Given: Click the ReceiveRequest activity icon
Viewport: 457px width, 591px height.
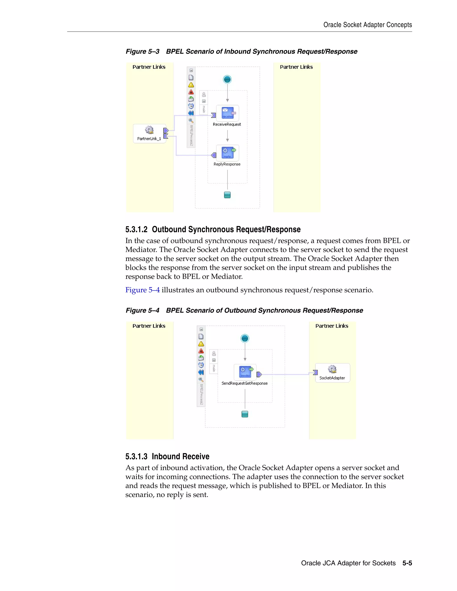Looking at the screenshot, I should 228,113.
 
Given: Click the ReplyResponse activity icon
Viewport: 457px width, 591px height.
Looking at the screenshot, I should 228,153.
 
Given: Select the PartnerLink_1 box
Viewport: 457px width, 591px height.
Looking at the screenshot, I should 150,133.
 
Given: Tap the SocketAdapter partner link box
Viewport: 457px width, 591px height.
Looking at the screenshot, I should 332,373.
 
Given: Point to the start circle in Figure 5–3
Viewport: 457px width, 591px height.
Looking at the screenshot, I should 227,79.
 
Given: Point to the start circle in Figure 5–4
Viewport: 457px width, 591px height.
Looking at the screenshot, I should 245,338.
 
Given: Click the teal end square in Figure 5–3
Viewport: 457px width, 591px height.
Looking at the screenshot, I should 227,195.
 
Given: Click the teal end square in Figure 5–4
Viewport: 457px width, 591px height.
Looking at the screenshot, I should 245,414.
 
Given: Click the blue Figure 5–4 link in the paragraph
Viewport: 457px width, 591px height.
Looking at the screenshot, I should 142,290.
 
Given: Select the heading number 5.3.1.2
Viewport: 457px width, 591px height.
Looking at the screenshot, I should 136,229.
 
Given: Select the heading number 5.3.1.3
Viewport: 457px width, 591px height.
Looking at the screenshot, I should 136,457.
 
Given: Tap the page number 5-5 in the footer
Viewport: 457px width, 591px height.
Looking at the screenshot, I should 407,563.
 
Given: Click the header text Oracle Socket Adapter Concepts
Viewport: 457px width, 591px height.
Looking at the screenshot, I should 367,25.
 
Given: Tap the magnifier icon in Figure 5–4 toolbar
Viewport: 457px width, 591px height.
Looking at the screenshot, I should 201,379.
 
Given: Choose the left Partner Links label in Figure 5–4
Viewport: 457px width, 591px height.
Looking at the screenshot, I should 149,326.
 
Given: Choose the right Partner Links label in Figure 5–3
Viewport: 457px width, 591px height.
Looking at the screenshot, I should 296,67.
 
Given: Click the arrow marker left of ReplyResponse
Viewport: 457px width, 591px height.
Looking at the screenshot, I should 214,155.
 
